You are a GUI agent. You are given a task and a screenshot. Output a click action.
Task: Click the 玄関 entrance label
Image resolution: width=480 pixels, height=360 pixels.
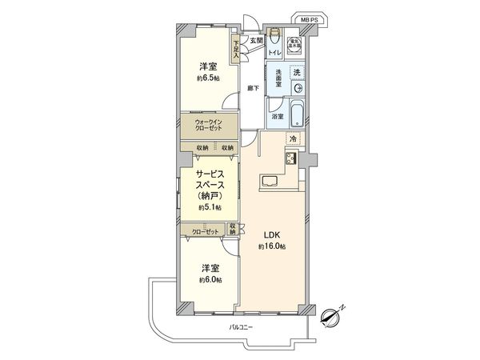(x=255, y=40)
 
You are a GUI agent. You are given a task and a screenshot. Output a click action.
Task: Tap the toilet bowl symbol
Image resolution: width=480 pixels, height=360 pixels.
(x=274, y=37)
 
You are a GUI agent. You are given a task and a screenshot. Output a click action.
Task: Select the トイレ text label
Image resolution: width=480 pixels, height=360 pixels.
(x=274, y=52)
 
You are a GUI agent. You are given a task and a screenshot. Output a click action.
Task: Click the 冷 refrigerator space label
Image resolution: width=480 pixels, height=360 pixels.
(x=293, y=139)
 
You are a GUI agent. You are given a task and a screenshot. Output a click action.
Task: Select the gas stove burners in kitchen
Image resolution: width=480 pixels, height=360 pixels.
(x=290, y=158)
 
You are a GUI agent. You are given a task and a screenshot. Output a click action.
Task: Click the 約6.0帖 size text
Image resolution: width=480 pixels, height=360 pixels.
(x=212, y=280)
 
